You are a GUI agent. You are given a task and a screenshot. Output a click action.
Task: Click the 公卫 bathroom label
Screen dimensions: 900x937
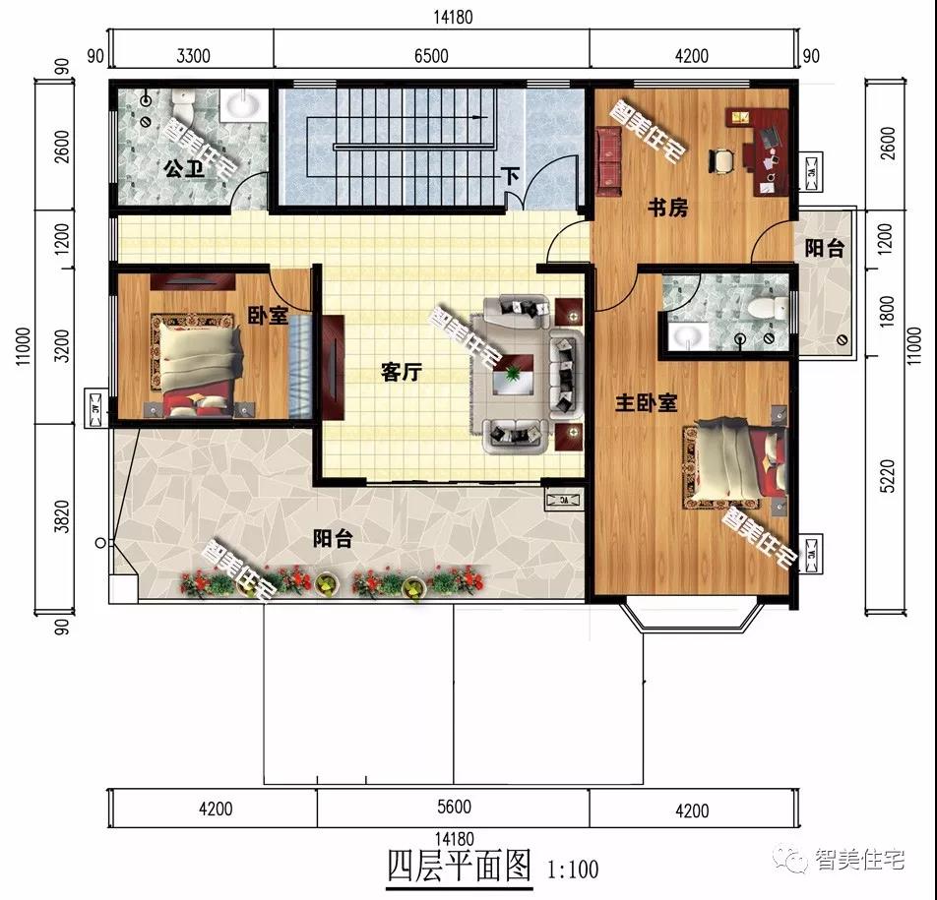(x=181, y=170)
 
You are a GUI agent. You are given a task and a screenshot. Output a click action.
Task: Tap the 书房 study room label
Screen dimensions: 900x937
(x=666, y=208)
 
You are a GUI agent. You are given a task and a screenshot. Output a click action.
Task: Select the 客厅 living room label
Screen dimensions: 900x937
(x=402, y=372)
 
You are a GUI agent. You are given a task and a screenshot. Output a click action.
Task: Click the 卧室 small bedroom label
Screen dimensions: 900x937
(x=268, y=316)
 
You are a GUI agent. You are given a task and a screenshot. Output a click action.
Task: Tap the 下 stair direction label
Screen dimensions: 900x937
(x=510, y=177)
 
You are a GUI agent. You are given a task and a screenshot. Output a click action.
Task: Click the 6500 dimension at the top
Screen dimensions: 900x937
(x=430, y=56)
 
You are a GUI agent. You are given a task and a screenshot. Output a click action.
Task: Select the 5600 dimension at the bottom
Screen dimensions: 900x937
(x=453, y=808)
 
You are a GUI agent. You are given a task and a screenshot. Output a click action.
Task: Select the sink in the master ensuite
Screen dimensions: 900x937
(x=689, y=337)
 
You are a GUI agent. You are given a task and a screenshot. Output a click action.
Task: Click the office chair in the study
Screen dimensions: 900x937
(x=722, y=158)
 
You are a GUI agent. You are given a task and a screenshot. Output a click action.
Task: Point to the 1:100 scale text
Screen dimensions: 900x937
(x=572, y=869)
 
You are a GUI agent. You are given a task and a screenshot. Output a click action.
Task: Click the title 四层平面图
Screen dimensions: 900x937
(x=459, y=867)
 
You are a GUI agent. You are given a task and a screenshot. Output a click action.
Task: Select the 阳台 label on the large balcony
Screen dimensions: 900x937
(x=333, y=539)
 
